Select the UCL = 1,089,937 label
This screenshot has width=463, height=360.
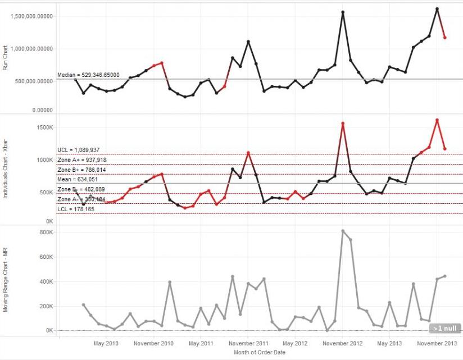tap(79, 150)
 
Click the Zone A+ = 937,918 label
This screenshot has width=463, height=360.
tap(82, 160)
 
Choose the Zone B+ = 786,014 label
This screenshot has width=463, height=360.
tap(82, 170)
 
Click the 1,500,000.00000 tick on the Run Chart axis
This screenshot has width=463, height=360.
tap(32, 16)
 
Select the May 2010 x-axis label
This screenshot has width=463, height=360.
tap(107, 343)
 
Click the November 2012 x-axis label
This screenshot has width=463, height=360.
tap(343, 343)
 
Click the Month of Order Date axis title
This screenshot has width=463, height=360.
tap(259, 353)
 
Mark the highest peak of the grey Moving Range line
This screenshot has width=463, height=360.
tap(343, 230)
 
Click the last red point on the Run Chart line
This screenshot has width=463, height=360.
tap(445, 38)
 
